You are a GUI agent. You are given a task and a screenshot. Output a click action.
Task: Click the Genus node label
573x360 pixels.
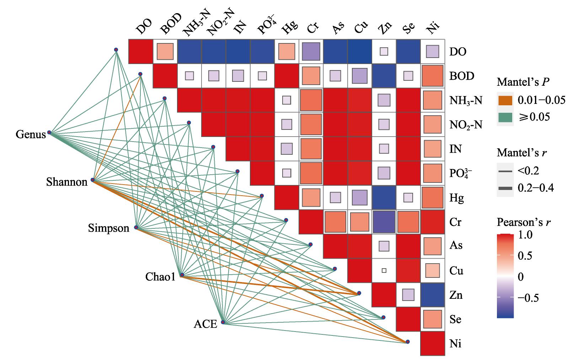coord(31,134)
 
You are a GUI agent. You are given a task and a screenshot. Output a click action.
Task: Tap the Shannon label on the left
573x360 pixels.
coord(67,182)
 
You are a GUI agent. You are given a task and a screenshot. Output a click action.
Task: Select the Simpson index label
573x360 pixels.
coord(109,228)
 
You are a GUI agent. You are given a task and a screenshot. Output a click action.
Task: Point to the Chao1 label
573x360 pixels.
coord(160,276)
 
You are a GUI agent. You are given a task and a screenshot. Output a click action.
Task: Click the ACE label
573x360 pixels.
coord(205,324)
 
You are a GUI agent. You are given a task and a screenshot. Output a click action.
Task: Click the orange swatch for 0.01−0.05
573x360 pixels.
coord(505,100)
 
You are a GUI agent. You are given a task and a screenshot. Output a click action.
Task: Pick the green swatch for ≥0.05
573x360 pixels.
coord(505,117)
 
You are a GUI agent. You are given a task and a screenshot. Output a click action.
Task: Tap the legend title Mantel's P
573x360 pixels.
coord(523,82)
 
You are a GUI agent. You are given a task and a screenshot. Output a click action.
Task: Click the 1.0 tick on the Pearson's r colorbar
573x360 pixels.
coord(525,234)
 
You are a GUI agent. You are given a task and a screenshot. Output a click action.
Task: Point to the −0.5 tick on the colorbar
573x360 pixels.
coord(528,298)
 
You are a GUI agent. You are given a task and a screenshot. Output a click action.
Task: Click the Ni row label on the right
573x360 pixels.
coord(455,343)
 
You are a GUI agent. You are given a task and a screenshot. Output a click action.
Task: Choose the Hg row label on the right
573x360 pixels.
coord(457,198)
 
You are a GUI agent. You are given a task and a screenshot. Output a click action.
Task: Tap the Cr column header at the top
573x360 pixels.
coord(312,27)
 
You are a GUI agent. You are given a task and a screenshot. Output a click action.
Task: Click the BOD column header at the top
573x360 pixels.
coord(171,23)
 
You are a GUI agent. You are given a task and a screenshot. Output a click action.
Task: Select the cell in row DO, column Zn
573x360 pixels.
coord(384,52)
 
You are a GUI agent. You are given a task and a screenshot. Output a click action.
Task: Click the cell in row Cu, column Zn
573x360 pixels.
coord(384,270)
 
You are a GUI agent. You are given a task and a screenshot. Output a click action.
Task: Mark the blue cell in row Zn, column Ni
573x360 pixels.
coord(433,295)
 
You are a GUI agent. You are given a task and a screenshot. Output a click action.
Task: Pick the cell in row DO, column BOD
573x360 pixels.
coord(165,52)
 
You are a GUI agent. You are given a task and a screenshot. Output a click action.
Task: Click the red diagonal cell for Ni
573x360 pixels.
coord(433,343)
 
